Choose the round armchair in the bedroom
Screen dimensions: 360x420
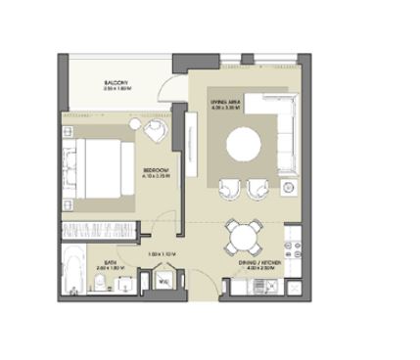pyautogui.click(x=154, y=131)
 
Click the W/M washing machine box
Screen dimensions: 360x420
pyautogui.click(x=164, y=283)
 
